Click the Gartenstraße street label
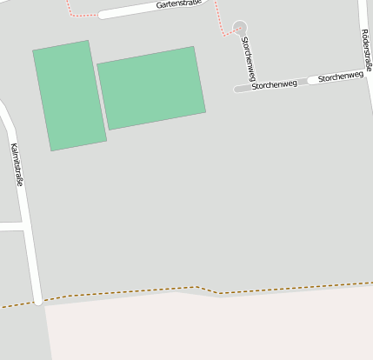(x=178, y=4)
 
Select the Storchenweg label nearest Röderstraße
(x=341, y=77)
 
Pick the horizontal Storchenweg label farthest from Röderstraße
(x=274, y=85)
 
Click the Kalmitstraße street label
(x=16, y=165)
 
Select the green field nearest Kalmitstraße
(x=69, y=96)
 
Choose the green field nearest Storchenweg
(x=151, y=87)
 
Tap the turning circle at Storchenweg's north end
(x=240, y=28)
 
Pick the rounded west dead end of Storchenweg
(x=237, y=89)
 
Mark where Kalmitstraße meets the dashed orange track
(x=38, y=301)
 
